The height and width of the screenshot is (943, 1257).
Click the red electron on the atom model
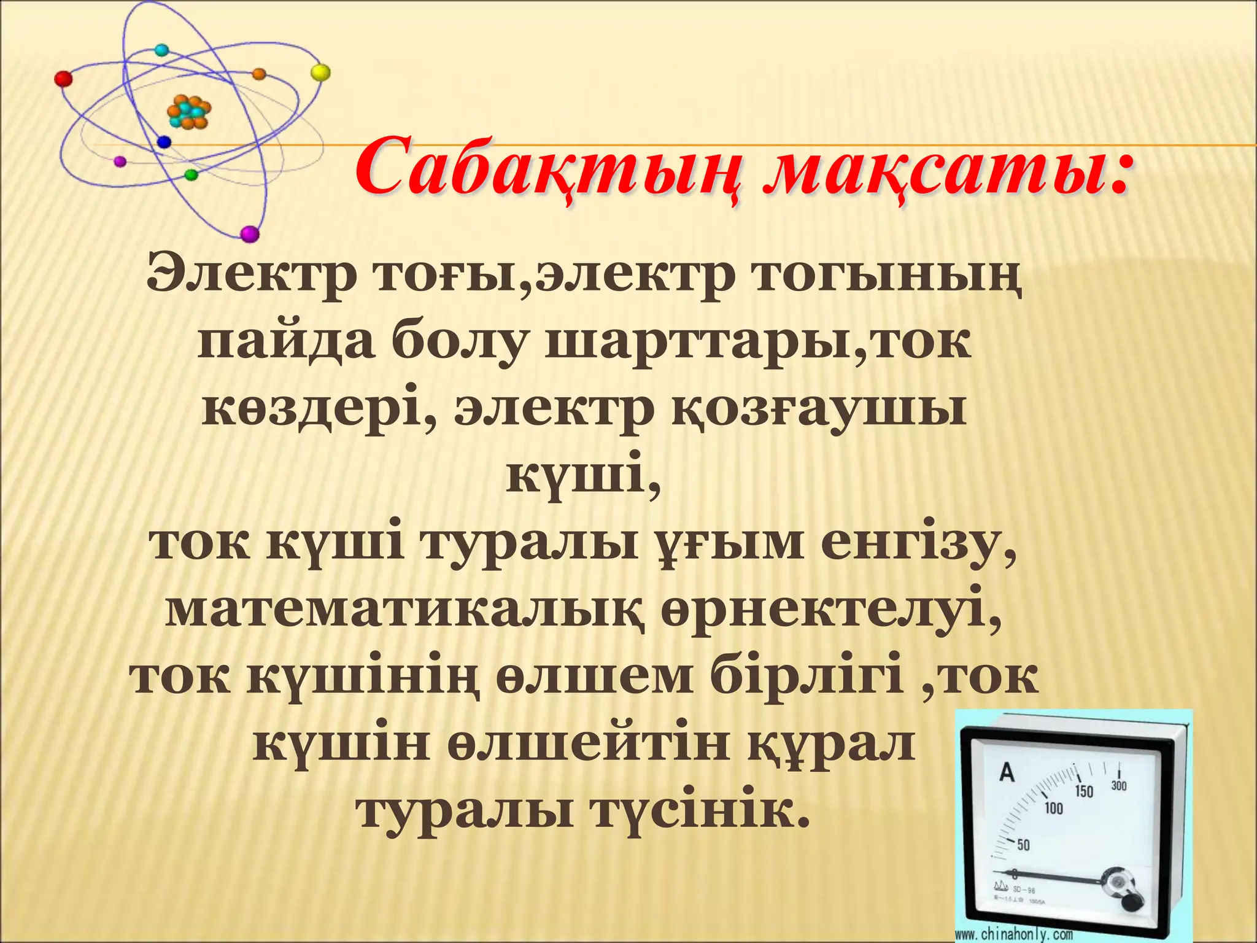pos(63,79)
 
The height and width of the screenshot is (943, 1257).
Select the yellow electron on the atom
pos(320,72)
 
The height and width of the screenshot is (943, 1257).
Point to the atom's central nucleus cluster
pos(189,112)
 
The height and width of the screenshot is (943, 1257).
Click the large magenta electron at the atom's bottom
pos(250,234)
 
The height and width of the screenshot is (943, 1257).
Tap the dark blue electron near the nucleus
pos(163,142)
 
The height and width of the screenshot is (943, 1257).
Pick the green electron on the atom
pos(191,174)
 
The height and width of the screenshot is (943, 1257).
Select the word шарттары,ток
pos(758,343)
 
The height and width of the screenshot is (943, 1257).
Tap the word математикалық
pos(405,611)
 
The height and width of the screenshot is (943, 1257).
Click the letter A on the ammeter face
pos(1007,772)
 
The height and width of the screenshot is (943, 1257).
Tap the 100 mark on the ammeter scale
pos(1053,808)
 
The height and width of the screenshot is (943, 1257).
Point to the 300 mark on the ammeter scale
pos(1119,786)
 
